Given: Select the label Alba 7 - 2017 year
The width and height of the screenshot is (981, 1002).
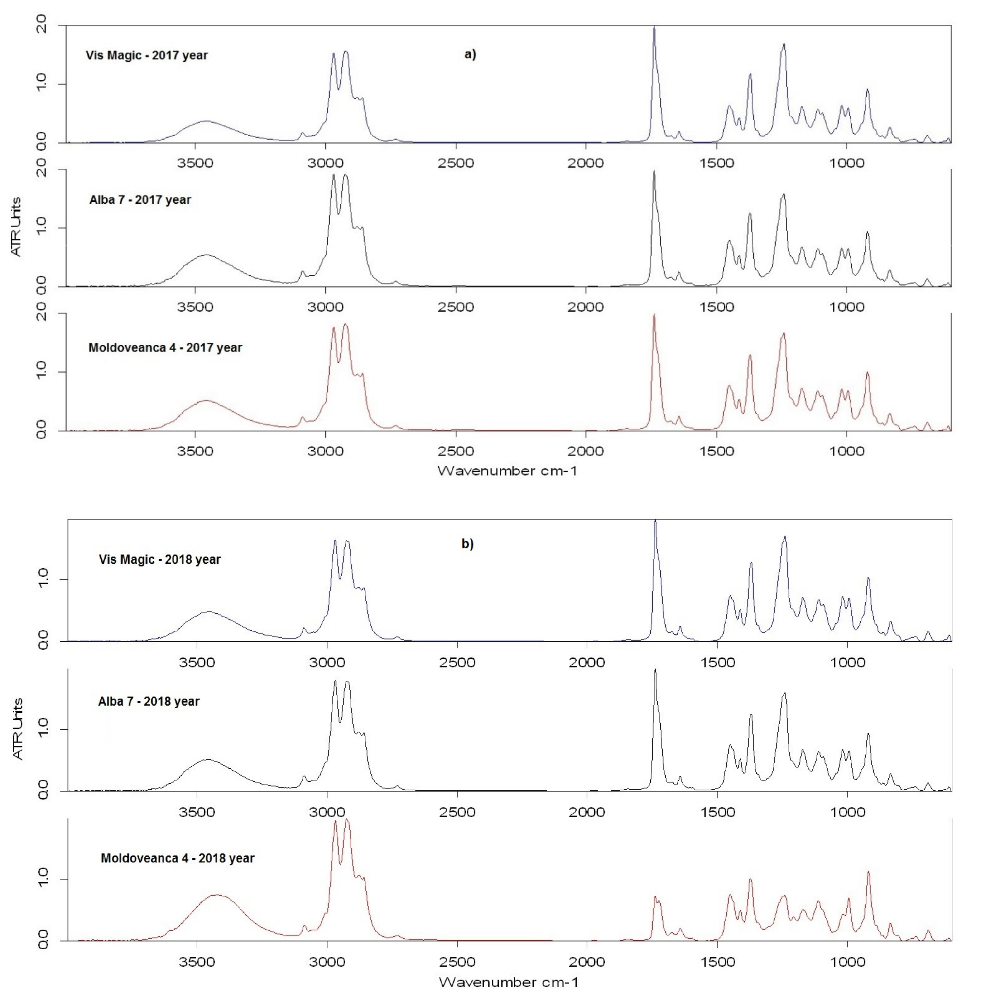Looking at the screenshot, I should tap(140, 200).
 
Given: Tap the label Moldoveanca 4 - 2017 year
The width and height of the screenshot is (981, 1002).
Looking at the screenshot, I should tap(165, 348).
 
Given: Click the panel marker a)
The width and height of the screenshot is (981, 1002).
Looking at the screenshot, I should tap(470, 54).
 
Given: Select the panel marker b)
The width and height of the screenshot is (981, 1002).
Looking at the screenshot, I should tap(467, 544).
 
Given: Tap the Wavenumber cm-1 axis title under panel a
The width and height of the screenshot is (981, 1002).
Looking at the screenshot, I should tap(508, 470).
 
